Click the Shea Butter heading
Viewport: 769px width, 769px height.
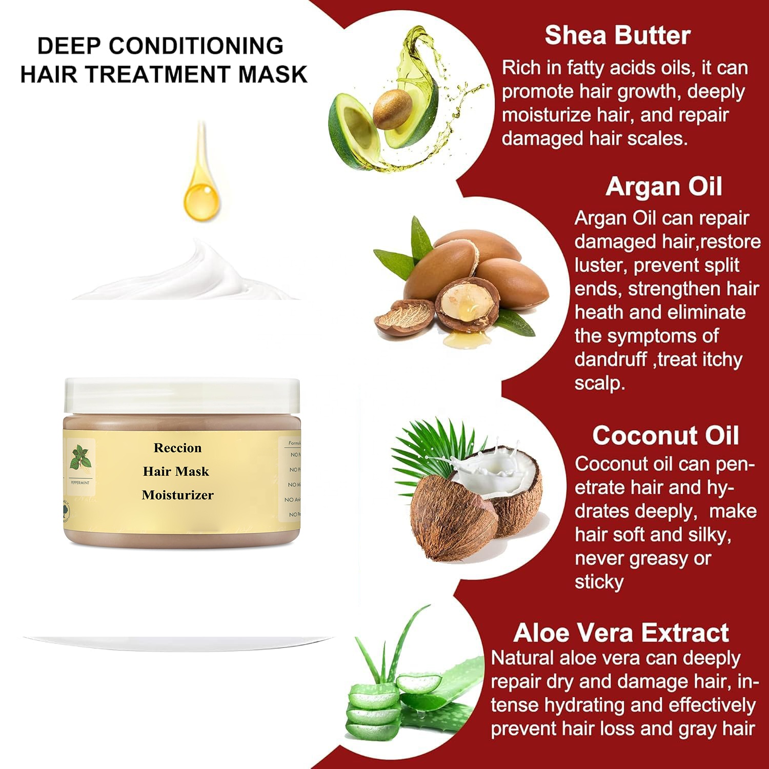[x=617, y=35]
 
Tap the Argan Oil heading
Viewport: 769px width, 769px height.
[x=663, y=187]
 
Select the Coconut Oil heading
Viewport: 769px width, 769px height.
[x=665, y=436]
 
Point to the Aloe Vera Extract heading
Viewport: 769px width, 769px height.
[x=620, y=633]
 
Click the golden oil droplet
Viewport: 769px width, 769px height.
[x=201, y=197]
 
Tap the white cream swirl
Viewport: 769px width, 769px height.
[x=195, y=274]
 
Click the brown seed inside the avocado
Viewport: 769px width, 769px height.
[x=392, y=109]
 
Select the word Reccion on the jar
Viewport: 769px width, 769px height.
[x=177, y=448]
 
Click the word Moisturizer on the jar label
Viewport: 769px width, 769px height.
[x=177, y=495]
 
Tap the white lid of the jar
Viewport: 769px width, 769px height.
[x=181, y=396]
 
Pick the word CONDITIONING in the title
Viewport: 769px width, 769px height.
[x=196, y=46]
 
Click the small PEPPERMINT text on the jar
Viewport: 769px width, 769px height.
[x=80, y=483]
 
